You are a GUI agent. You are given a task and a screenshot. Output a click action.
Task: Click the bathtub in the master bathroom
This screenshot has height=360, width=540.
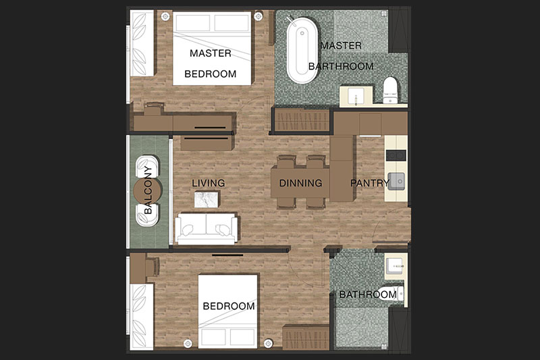click(x=302, y=50)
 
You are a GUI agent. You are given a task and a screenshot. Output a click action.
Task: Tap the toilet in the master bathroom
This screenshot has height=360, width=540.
click(x=390, y=90)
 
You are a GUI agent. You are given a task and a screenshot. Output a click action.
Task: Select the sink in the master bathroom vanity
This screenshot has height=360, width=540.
click(x=356, y=96)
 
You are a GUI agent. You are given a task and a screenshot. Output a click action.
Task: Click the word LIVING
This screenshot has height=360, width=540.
click(x=209, y=183)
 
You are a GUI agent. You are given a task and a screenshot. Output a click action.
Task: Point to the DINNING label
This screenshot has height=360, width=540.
click(x=300, y=183)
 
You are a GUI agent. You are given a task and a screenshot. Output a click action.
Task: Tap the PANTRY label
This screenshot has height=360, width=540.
click(x=370, y=183)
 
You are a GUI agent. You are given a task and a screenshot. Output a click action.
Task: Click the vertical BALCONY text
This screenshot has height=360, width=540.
click(x=148, y=190)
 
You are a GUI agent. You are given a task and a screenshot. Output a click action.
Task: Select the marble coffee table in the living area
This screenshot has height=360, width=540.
click(x=207, y=200)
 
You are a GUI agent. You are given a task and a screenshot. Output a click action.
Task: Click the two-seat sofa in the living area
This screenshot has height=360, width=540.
click(x=207, y=228)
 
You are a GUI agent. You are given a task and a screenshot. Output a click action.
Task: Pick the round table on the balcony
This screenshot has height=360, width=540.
click(x=147, y=190)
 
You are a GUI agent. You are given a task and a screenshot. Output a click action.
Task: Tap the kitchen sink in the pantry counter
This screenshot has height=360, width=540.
click(x=396, y=180)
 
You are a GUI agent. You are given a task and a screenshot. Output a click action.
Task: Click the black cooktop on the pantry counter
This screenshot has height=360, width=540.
click(x=396, y=155)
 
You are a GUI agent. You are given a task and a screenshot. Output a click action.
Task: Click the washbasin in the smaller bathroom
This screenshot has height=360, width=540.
click(x=395, y=266)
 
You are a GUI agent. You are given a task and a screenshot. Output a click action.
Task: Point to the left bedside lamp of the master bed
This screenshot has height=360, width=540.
click(x=165, y=16)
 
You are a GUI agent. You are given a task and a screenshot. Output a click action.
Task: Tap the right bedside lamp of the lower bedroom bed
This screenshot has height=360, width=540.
click(x=268, y=343)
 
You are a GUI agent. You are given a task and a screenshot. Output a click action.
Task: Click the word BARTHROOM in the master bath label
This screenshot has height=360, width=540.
click(x=341, y=66)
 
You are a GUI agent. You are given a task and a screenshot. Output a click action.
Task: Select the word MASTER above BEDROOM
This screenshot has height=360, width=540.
click(x=211, y=53)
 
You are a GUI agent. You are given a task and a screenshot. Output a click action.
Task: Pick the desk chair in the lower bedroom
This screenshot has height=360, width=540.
click(x=153, y=266)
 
